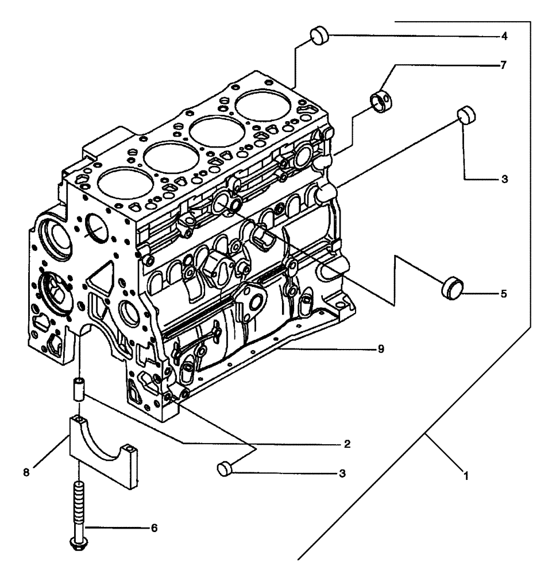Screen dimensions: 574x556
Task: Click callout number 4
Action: (x=504, y=36)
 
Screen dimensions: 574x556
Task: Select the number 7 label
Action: (x=504, y=65)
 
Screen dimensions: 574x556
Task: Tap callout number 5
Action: (x=504, y=293)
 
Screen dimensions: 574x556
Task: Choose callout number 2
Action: (x=346, y=444)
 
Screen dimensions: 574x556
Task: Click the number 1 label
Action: (x=466, y=476)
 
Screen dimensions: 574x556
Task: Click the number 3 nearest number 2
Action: (x=343, y=474)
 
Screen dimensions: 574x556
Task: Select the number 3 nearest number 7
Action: (x=504, y=180)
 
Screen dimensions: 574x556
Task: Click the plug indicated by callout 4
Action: (x=320, y=36)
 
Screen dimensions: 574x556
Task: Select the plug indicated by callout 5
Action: (x=452, y=287)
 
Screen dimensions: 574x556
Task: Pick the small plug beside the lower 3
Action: (x=225, y=469)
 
